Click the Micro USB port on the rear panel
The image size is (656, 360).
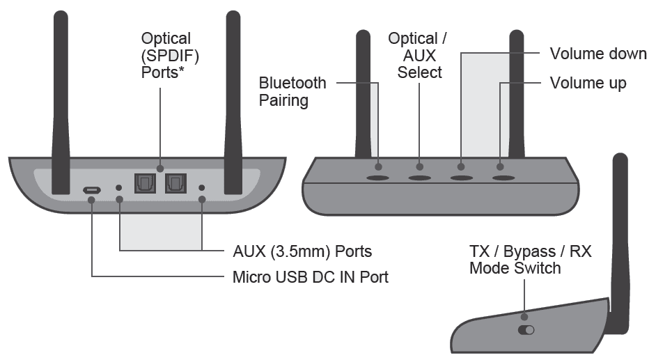pos(92,189)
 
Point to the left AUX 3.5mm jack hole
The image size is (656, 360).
pos(119,188)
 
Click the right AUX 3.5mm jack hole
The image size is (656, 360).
pos(202,188)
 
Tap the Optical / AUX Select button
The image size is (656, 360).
pos(419,178)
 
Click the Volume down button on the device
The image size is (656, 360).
pos(460,178)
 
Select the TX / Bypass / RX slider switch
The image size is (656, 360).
pos(526,331)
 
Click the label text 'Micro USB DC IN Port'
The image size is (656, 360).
pos(310,277)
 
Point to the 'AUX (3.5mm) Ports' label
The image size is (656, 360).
pos(302,251)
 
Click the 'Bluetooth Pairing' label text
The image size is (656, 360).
pos(292,91)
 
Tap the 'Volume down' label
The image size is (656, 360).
pos(598,54)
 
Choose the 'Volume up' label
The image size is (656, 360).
pos(588,84)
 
